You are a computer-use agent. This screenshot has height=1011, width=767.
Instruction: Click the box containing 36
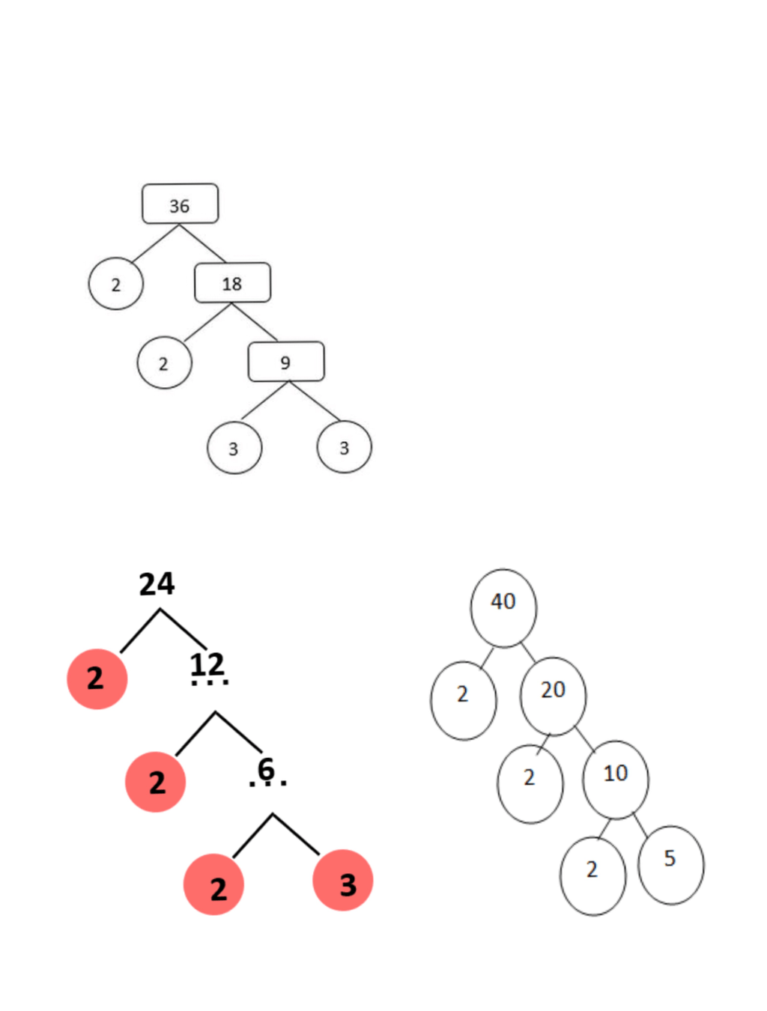(x=180, y=204)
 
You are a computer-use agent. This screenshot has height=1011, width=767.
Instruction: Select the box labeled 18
(x=232, y=283)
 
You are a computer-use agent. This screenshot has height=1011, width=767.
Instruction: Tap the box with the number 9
(x=286, y=362)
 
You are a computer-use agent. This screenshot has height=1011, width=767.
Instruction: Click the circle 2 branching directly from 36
(x=115, y=285)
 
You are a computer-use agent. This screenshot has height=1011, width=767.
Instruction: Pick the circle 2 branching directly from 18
(x=164, y=363)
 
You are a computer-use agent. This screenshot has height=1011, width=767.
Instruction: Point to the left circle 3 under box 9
(x=234, y=448)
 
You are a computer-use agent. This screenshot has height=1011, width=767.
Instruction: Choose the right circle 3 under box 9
(x=344, y=447)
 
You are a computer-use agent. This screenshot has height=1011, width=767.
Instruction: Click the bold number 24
(x=157, y=584)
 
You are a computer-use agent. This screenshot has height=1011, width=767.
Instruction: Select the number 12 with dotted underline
(x=207, y=665)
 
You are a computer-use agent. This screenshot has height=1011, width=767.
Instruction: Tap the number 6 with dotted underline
(x=266, y=770)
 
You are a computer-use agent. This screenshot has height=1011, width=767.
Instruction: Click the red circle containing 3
(x=343, y=881)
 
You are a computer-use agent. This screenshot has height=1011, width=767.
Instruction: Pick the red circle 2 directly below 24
(x=97, y=678)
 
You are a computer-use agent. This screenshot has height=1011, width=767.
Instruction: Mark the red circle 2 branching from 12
(x=155, y=783)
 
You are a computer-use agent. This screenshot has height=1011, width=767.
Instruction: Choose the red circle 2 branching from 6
(x=214, y=885)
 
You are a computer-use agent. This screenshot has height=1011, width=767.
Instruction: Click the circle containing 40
(x=503, y=607)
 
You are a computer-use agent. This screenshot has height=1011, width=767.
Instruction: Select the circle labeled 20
(x=553, y=696)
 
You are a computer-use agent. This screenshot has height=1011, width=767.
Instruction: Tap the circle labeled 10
(x=616, y=780)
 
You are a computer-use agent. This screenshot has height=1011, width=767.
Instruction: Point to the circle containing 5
(x=670, y=864)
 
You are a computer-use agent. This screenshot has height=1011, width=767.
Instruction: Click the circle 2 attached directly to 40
(x=463, y=700)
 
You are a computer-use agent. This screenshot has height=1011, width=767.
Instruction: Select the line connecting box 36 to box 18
(x=202, y=243)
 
